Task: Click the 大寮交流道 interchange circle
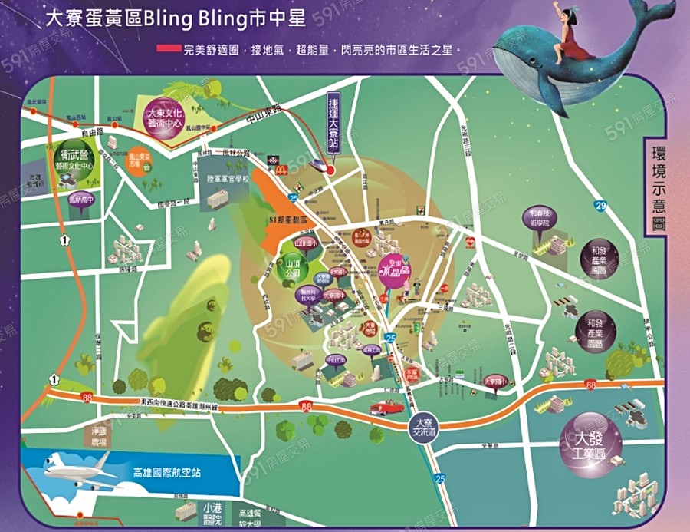click(x=420, y=426)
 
